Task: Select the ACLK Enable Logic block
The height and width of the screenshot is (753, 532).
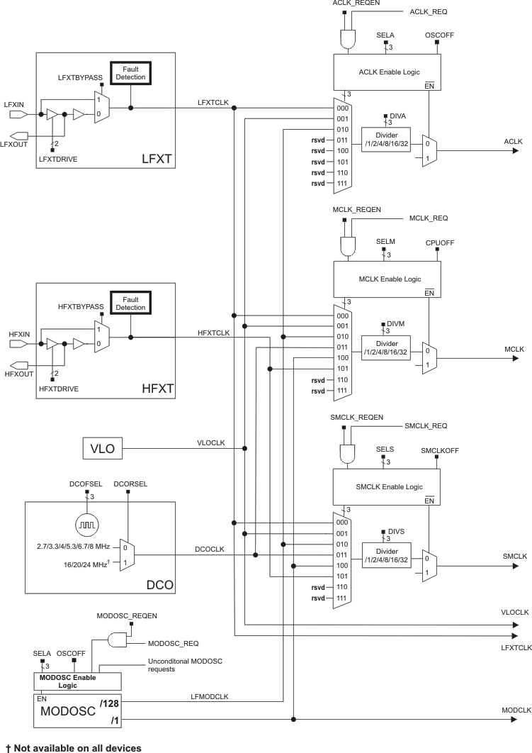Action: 387,72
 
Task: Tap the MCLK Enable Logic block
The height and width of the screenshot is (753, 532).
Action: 387,279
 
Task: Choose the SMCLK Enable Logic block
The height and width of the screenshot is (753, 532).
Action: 387,486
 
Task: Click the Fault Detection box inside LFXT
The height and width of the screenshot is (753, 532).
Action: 130,72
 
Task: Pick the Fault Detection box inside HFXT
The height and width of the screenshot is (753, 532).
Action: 130,303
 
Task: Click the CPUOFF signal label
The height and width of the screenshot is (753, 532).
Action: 439,242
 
